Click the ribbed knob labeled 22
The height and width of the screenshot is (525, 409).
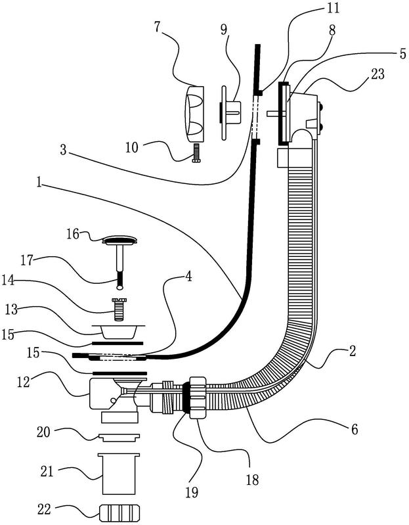[120, 511]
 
